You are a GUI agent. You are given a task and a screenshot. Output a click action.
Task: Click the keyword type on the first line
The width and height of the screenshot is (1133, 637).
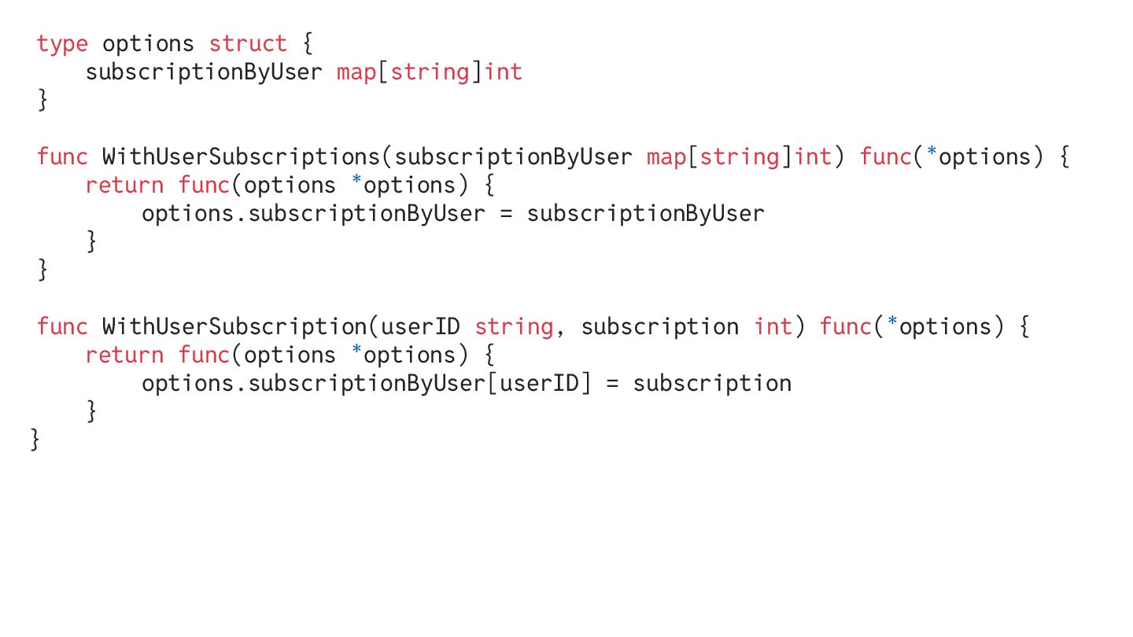click(62, 44)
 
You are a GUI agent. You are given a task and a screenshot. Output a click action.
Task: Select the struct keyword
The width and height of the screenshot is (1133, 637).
click(248, 44)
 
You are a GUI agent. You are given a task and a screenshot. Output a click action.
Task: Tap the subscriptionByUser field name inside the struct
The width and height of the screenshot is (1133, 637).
click(204, 72)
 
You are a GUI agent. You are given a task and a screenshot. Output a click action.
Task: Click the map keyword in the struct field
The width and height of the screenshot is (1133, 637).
click(356, 72)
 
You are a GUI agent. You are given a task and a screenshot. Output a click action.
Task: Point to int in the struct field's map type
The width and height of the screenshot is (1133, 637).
click(504, 72)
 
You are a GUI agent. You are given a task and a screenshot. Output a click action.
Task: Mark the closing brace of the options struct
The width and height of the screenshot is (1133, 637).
click(42, 101)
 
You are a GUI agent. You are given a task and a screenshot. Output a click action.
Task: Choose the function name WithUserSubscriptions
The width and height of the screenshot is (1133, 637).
click(242, 157)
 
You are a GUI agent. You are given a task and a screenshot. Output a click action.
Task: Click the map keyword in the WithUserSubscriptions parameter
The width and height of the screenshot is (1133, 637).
click(666, 157)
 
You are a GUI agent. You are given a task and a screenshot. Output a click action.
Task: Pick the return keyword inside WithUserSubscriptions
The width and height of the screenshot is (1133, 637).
click(124, 186)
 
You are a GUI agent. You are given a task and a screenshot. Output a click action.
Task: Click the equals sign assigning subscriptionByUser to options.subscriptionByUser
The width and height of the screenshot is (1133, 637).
click(507, 214)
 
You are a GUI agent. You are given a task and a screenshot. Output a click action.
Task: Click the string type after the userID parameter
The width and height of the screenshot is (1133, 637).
click(514, 327)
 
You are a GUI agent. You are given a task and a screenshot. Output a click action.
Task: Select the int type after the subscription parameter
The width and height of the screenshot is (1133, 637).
click(773, 327)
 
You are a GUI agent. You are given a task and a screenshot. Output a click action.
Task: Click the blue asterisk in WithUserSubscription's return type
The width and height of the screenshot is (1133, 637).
click(891, 326)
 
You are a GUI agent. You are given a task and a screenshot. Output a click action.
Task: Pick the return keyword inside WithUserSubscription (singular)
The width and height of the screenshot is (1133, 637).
click(124, 355)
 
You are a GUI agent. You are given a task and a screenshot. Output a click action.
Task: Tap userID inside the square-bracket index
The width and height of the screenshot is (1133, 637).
click(540, 384)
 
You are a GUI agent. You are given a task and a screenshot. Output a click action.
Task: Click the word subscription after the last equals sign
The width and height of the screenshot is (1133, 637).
click(712, 384)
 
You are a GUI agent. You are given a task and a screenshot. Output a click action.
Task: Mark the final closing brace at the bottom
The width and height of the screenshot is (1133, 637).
click(35, 440)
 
